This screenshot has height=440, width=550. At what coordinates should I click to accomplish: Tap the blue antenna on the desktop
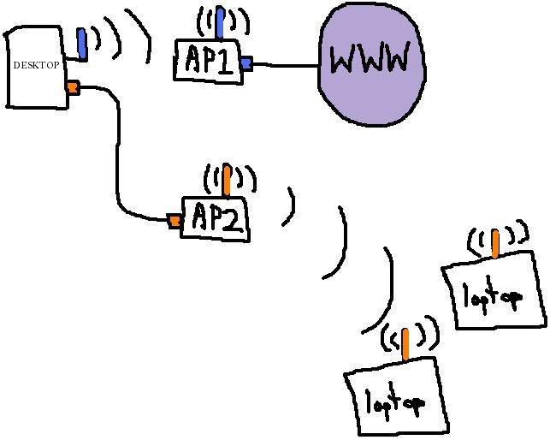81,42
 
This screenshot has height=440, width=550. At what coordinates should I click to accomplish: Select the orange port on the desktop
73,86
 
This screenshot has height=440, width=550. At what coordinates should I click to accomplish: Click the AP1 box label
208,60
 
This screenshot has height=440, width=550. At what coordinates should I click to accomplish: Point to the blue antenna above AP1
220,23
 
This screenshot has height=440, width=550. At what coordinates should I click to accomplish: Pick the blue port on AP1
246,62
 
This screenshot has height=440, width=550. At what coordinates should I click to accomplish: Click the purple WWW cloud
370,63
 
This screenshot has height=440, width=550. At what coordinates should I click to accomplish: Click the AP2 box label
216,218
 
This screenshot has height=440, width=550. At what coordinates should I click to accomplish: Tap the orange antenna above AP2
227,181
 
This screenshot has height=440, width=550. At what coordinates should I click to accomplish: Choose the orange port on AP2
174,221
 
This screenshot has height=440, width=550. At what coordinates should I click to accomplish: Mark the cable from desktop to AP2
117,154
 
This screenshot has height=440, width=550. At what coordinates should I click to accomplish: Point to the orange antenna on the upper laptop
495,243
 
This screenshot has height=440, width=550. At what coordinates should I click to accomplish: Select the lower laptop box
395,399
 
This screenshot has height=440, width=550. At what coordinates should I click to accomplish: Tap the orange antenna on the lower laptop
405,343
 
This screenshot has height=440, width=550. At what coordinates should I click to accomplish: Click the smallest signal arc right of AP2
291,207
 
